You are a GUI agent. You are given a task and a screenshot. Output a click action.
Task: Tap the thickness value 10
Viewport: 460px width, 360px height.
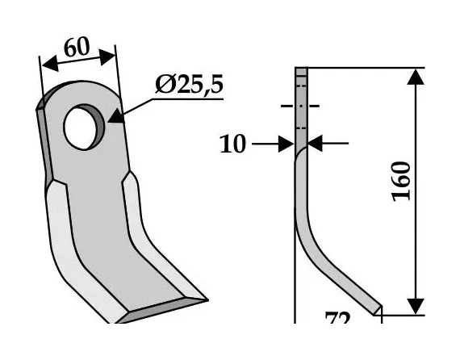click(234, 144)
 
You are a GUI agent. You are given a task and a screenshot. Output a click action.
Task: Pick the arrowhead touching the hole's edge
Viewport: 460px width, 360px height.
click(114, 116)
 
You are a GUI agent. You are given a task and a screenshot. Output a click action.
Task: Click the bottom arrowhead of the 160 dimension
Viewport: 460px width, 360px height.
click(415, 305)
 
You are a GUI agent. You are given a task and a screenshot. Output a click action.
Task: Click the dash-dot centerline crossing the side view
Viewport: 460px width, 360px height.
click(300, 106)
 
